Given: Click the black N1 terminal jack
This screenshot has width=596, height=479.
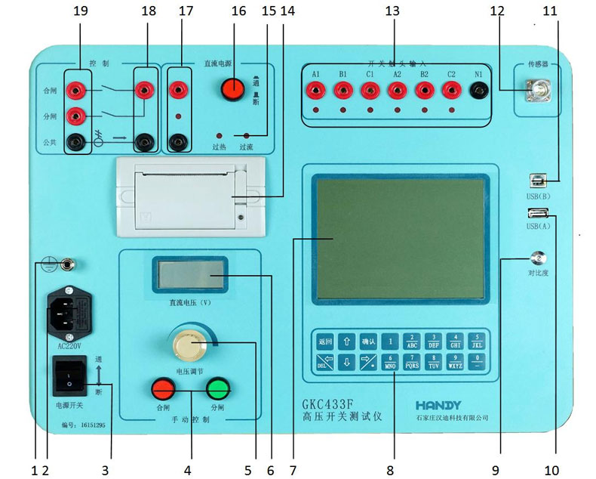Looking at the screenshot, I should (477, 90).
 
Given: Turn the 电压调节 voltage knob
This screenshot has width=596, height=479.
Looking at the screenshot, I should (186, 345).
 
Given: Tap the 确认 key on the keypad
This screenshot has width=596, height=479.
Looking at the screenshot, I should (367, 340).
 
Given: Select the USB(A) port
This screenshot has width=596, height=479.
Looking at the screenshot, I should (539, 213).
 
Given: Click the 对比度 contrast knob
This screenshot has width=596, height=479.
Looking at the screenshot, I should (539, 258).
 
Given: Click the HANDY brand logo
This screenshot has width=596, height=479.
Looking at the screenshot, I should (442, 406).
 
